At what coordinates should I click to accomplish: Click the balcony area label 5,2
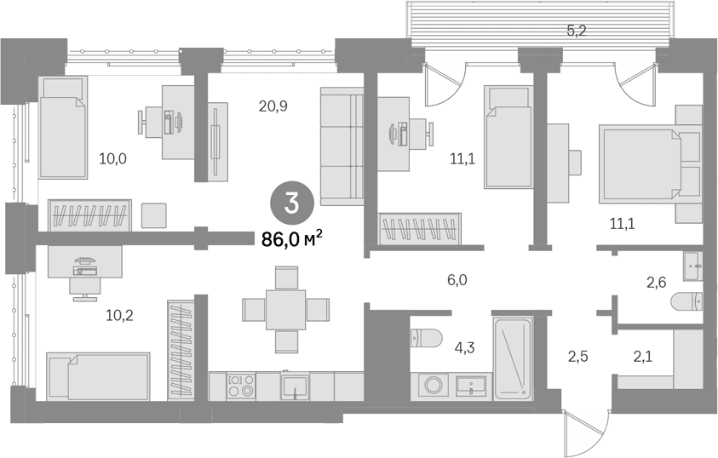(x=577, y=31)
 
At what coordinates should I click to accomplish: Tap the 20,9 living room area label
(x=273, y=106)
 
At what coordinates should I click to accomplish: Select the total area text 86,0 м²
(x=291, y=238)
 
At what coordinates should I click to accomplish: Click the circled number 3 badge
(x=291, y=203)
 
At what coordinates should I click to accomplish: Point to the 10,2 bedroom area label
(x=119, y=315)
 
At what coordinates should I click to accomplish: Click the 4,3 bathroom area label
(x=465, y=348)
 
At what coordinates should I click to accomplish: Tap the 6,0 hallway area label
(x=457, y=280)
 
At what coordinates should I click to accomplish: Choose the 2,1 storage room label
(x=643, y=357)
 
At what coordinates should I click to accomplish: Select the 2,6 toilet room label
(x=656, y=283)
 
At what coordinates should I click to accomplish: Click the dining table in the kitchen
(x=286, y=310)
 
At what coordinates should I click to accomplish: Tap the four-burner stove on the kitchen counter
(x=241, y=386)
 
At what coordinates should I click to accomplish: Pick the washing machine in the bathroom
(x=433, y=385)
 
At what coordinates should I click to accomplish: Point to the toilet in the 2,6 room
(x=686, y=301)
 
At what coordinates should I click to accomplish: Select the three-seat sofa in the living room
(x=342, y=146)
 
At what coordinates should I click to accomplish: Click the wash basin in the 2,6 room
(x=692, y=266)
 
